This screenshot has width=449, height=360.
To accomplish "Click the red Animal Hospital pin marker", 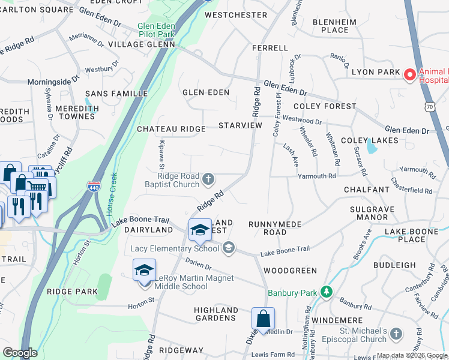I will click(x=410, y=74).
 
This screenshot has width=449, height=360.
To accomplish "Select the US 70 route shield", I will click(x=429, y=107).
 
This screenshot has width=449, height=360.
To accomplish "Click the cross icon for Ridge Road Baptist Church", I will click(x=208, y=179).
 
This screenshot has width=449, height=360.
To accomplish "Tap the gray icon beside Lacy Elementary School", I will click(x=228, y=247).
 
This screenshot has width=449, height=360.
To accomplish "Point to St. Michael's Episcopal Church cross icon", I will click(x=396, y=334).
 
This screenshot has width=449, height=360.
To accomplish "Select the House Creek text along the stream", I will click(x=112, y=196).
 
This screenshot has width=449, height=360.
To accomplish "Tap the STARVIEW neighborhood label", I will click(x=240, y=125).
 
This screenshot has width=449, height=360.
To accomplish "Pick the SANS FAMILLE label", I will click(x=116, y=94).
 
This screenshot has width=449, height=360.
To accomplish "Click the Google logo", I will click(x=20, y=353).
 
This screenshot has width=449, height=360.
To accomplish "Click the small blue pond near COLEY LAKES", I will click(x=372, y=148).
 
